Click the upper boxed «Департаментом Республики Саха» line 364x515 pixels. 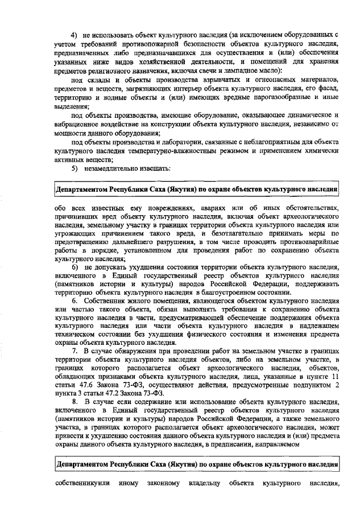pyautogui.click(x=197, y=188)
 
